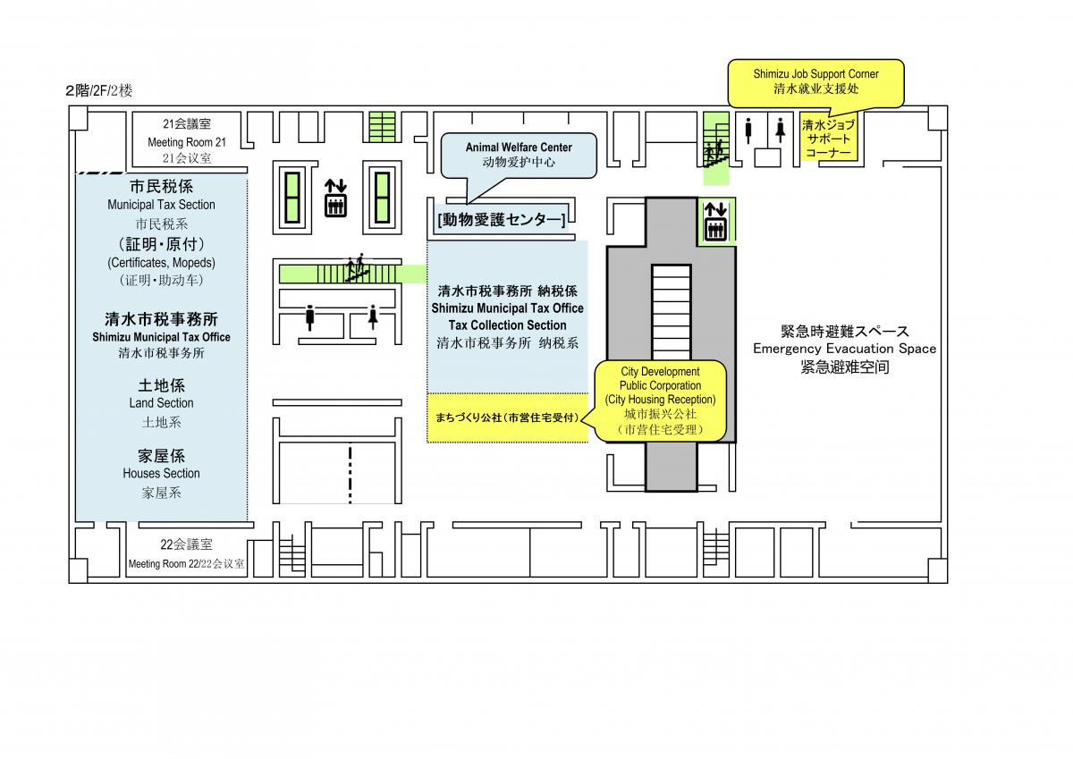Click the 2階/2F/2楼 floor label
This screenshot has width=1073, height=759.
pos(98,90)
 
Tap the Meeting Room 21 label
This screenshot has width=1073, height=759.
pos(187,142)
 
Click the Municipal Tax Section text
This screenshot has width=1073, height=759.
pos(161,205)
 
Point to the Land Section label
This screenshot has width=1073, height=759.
pos(161,402)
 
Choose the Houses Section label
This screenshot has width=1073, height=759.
pos(161,473)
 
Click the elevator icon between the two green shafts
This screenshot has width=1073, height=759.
pos(335,198)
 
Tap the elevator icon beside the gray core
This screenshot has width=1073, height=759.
pos(715,222)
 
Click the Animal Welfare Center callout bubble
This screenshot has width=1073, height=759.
pos(519,156)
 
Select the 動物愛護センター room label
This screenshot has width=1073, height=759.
pos(502,220)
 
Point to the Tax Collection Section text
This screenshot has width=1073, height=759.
pos(507,325)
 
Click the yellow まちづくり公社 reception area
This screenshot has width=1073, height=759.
pos(507,417)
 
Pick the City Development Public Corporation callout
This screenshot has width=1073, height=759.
pos(661,401)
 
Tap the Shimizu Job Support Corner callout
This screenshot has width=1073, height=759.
pos(815,82)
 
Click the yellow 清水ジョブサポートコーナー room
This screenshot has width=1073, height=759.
pos(829,138)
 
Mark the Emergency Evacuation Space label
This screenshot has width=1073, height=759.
pos(844,348)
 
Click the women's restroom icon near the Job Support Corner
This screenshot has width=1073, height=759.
pos(781,131)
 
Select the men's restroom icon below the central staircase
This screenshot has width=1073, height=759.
pos(310,317)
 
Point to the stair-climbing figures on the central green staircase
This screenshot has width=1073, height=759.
pos(357,267)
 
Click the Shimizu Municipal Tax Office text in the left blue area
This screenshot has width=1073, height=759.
pos(161,337)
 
